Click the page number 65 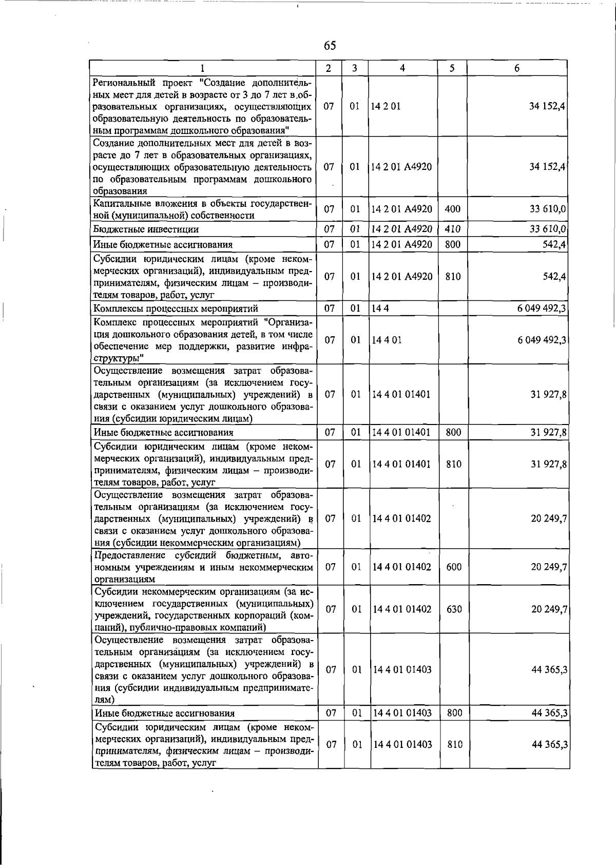click(x=330, y=46)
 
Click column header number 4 click(x=402, y=68)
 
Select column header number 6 click(x=517, y=68)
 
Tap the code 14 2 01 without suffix click(x=386, y=106)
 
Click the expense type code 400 click(x=453, y=209)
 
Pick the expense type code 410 click(x=453, y=229)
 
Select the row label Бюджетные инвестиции click(x=146, y=229)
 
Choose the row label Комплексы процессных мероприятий click(x=175, y=308)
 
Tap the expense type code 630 click(x=454, y=609)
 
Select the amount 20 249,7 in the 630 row click(x=549, y=609)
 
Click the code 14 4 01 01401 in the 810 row click(x=401, y=464)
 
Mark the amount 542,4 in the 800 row click(x=555, y=245)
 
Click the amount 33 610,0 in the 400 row click(x=548, y=209)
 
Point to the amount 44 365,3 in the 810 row click(x=549, y=745)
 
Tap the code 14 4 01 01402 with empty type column click(x=402, y=518)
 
